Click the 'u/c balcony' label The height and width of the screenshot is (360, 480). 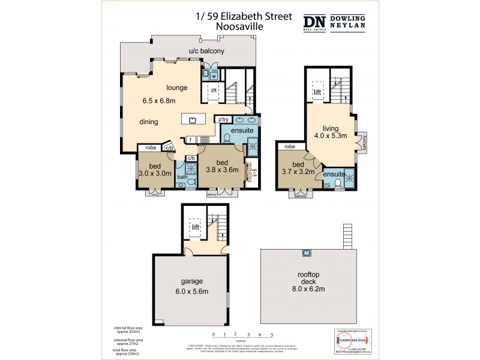tap(206, 51)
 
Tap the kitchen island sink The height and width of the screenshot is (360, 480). tap(193, 120)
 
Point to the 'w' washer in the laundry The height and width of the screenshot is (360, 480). tap(214, 76)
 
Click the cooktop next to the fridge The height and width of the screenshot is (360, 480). tap(204, 139)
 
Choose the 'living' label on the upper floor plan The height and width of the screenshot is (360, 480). tap(331, 128)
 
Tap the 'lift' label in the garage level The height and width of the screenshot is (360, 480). tap(196, 227)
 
